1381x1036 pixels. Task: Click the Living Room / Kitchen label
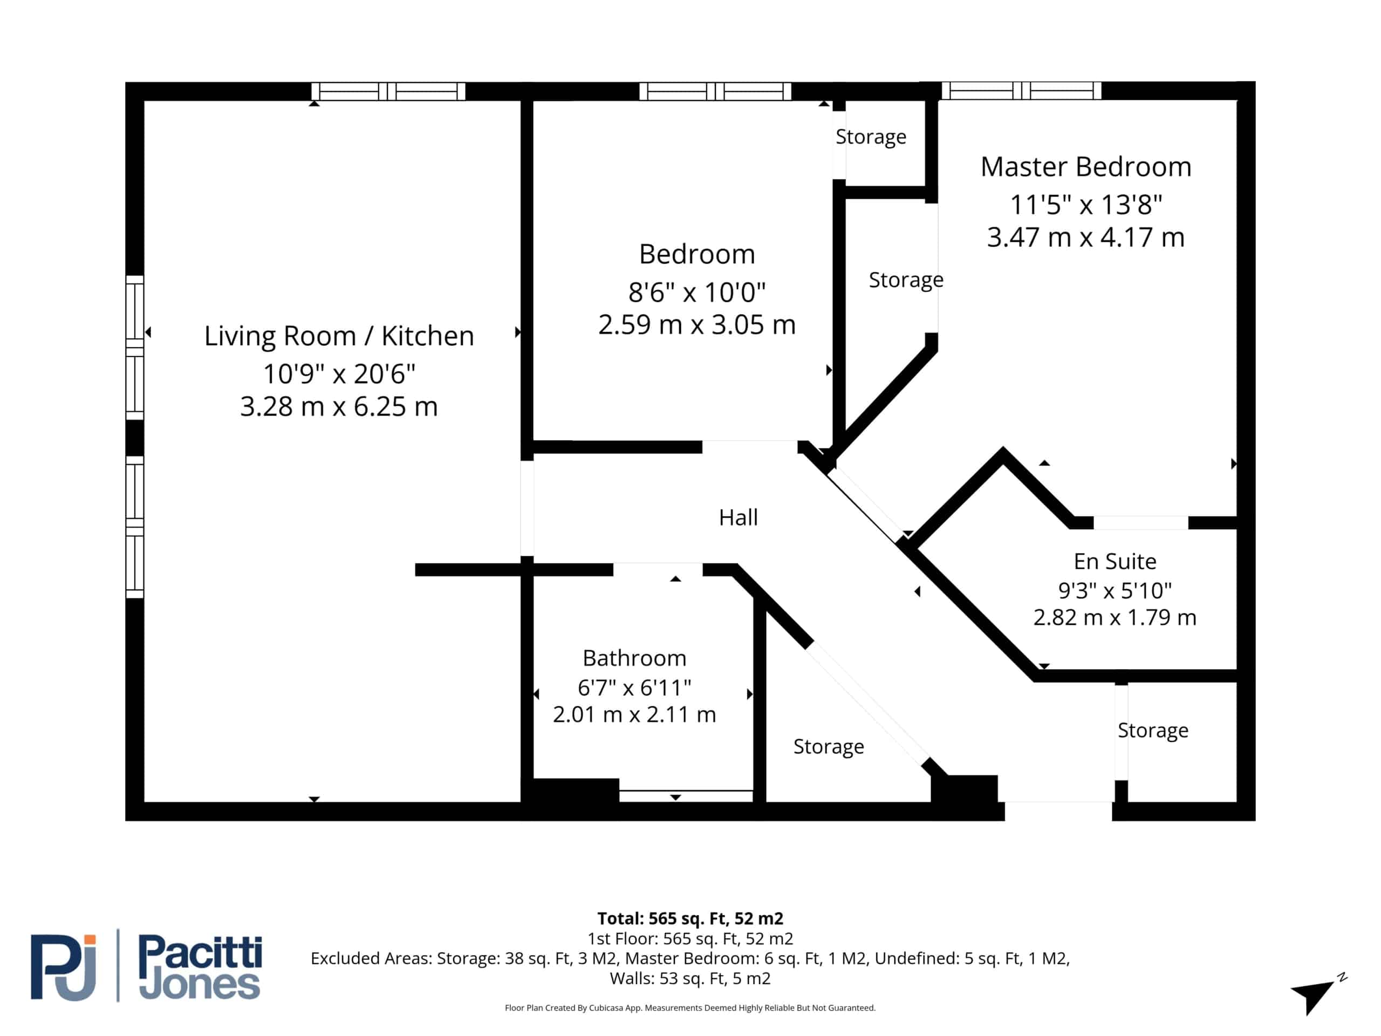point(339,336)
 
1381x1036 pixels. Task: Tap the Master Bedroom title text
point(1086,167)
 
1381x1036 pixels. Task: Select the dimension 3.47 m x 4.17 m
point(1086,237)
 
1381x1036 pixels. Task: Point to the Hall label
point(738,517)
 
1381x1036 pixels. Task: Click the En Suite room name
point(1115,561)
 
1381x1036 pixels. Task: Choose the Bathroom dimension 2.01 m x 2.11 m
point(634,714)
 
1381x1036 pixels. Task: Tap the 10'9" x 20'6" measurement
point(339,373)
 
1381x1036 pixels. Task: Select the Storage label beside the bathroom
point(829,747)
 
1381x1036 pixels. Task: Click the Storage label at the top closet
point(871,137)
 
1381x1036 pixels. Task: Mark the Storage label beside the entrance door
point(1152,731)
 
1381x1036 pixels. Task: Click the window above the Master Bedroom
point(1021,91)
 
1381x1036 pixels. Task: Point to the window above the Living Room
point(388,91)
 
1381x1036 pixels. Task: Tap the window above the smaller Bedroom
point(715,91)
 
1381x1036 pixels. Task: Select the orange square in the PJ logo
point(90,940)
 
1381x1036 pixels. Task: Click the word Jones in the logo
point(199,985)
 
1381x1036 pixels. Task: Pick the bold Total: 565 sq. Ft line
point(690,918)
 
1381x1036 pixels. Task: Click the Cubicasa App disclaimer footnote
point(690,1008)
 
